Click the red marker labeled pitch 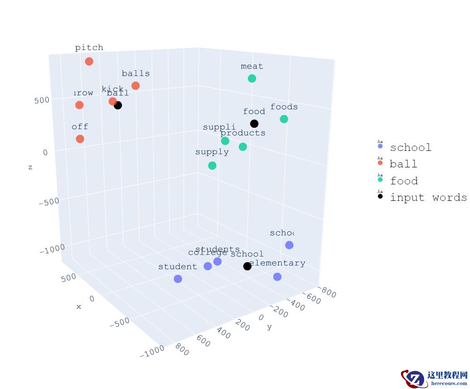click(89, 61)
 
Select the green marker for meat click(252, 78)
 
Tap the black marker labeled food click(254, 124)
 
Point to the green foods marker click(284, 119)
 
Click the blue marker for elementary click(277, 277)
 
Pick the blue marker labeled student click(178, 279)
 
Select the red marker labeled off click(80, 139)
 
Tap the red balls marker click(136, 85)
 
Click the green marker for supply click(212, 166)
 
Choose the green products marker click(243, 147)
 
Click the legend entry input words click(428, 198)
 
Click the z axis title click(30, 167)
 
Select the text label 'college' click(207, 253)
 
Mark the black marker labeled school click(247, 266)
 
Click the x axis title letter click(79, 306)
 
